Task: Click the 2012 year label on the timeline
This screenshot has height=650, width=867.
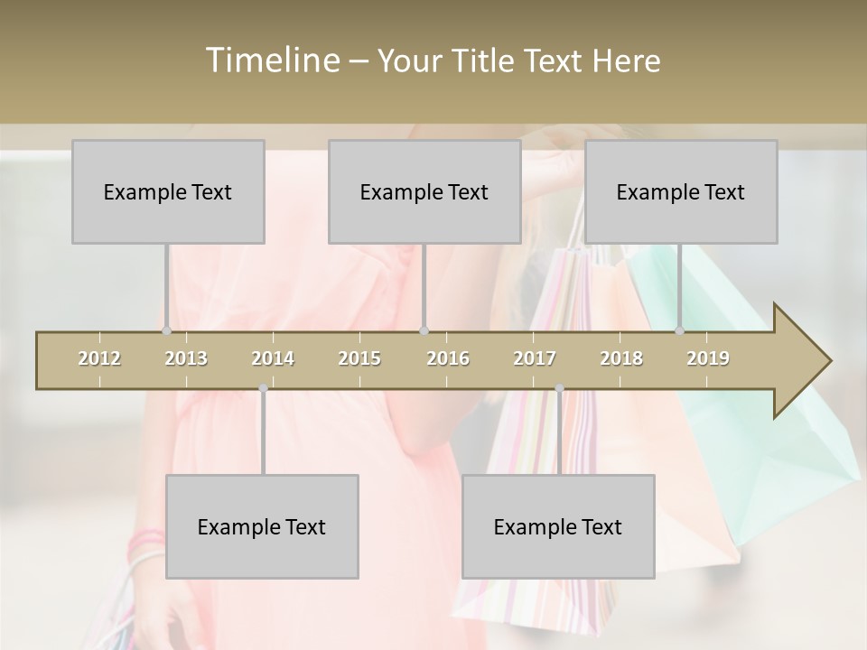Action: coord(99,358)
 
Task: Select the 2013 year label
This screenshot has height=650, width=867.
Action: coord(186,358)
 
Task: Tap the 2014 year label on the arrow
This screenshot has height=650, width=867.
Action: coord(273,358)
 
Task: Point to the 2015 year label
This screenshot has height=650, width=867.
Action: coord(359,358)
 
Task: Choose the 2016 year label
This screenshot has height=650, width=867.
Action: coord(448,358)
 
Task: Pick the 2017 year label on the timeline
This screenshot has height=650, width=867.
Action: coord(535,358)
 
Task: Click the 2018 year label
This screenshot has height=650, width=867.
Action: coord(621,358)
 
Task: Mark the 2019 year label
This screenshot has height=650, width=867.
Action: coord(708,358)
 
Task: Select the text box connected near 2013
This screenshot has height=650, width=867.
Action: coord(168,191)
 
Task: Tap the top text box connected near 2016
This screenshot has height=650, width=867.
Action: coord(424,191)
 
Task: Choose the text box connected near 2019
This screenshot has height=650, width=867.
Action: coord(681,191)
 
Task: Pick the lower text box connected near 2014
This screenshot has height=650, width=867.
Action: coord(262,526)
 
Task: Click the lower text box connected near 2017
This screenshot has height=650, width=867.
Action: coord(558,526)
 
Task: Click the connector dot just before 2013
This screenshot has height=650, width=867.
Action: coord(167,330)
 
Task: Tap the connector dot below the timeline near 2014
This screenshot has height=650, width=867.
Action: coord(263,389)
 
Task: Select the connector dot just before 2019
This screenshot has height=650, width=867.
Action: coord(680,330)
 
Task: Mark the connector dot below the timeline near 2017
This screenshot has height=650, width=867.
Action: coord(559,389)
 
